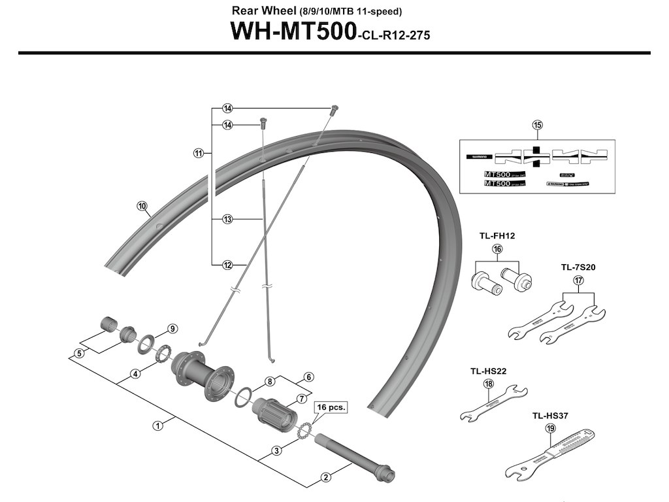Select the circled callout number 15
537,125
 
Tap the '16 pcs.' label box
331,407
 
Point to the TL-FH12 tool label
496,236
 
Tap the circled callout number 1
157,426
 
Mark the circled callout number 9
172,328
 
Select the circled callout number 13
227,220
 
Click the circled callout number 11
198,154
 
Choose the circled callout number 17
578,280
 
